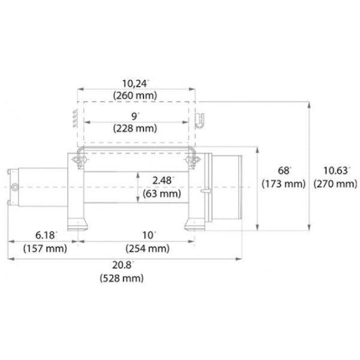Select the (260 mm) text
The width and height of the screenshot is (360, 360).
(135, 96)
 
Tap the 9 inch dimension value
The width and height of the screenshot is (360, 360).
(136, 116)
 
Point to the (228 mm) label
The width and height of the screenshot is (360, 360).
(135, 128)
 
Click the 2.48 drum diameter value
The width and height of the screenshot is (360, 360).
(165, 181)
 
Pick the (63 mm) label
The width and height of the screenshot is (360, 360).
(163, 193)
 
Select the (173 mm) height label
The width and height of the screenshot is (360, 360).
(283, 184)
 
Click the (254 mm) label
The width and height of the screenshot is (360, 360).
(147, 247)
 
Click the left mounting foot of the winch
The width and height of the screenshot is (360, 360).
(77, 223)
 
